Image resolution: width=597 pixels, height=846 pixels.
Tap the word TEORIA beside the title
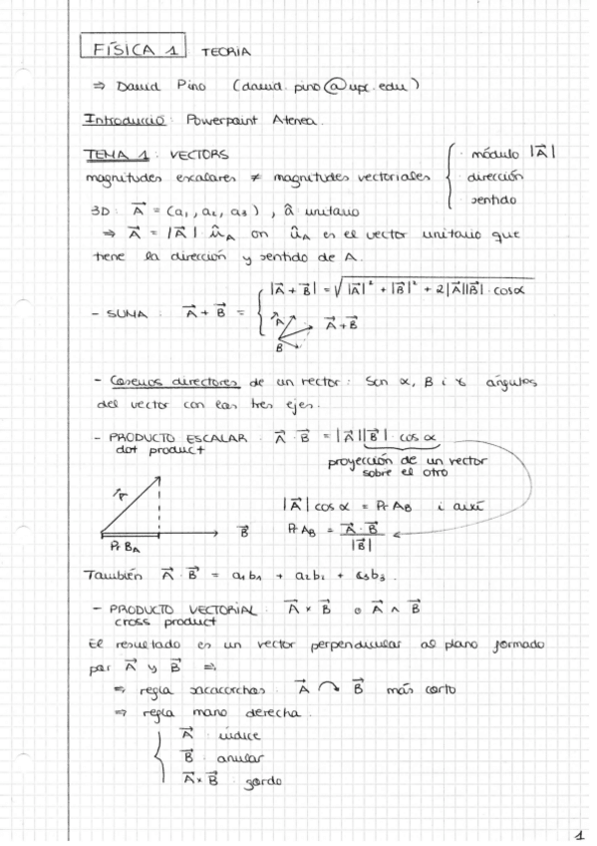[226, 51]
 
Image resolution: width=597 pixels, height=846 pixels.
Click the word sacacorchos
[230, 689]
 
